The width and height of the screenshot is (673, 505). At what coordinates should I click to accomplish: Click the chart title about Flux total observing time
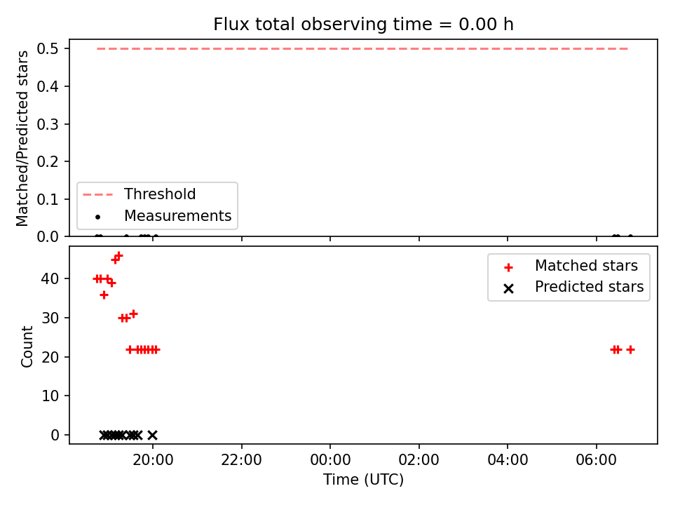click(x=363, y=25)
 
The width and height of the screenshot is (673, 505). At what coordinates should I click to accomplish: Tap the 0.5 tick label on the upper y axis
click(x=47, y=49)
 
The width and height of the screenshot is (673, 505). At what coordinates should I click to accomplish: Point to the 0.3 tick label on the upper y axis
click(x=47, y=124)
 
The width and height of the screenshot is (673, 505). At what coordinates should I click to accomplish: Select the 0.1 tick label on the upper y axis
click(x=47, y=199)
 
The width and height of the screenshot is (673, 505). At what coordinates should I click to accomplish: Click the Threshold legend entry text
click(x=160, y=194)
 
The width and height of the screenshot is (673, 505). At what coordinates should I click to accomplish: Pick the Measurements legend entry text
click(x=177, y=215)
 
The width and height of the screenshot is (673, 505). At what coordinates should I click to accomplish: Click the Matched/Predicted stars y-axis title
click(x=22, y=138)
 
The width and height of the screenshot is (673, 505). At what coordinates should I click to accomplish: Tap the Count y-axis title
click(x=27, y=346)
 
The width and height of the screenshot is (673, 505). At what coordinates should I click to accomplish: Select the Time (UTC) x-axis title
click(x=363, y=479)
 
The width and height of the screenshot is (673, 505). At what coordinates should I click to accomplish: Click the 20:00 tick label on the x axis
click(x=153, y=460)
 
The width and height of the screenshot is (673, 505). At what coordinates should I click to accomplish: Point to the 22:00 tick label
click(x=241, y=460)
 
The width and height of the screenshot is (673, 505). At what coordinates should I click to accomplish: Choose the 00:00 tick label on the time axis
click(x=330, y=460)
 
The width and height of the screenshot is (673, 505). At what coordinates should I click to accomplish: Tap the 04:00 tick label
click(x=508, y=460)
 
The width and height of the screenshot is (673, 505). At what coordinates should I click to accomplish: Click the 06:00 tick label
click(x=596, y=460)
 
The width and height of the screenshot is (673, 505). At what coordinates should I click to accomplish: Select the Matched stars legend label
click(x=586, y=266)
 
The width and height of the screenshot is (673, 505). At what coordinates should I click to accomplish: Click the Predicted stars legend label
click(x=590, y=287)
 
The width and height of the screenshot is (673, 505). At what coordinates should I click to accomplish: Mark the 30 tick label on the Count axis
click(x=50, y=318)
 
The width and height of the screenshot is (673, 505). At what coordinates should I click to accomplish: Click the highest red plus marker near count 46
click(x=119, y=256)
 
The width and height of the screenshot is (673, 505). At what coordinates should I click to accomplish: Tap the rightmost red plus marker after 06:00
click(x=630, y=350)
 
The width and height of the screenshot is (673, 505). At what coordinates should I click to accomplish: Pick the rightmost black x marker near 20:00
click(x=152, y=436)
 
